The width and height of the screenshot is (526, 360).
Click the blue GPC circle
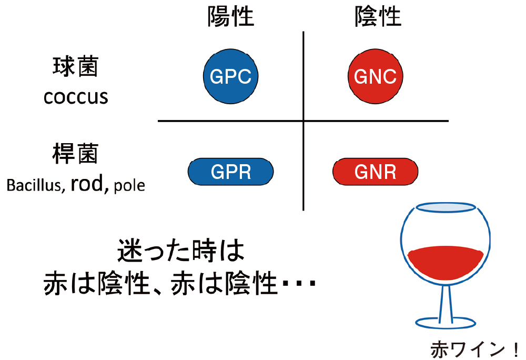click(231, 77)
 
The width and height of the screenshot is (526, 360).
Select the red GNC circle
click(375, 77)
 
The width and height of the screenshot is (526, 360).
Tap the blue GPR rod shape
click(231, 172)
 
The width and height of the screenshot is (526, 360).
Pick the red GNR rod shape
click(375, 172)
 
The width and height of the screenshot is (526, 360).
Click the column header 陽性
click(230, 17)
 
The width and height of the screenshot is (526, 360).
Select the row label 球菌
click(76, 67)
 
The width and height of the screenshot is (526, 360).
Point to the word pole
click(129, 186)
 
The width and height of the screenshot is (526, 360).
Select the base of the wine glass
click(446, 322)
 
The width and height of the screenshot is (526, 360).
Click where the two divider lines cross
click(304, 121)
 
